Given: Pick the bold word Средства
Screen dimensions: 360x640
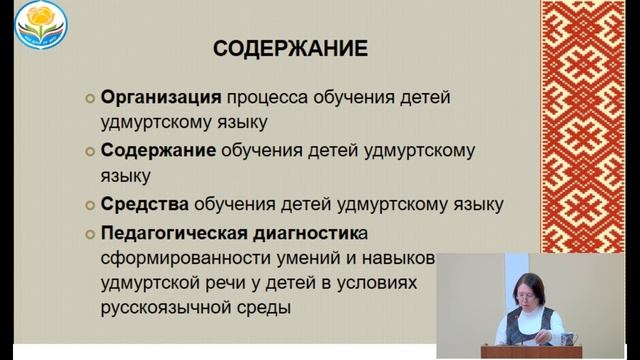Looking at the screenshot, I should coord(144,205).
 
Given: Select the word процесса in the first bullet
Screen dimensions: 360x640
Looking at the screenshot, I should coord(265,99).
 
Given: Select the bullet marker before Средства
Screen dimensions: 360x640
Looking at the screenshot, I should coord(88,206).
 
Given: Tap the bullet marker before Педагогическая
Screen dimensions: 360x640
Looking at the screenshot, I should coord(88,235).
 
